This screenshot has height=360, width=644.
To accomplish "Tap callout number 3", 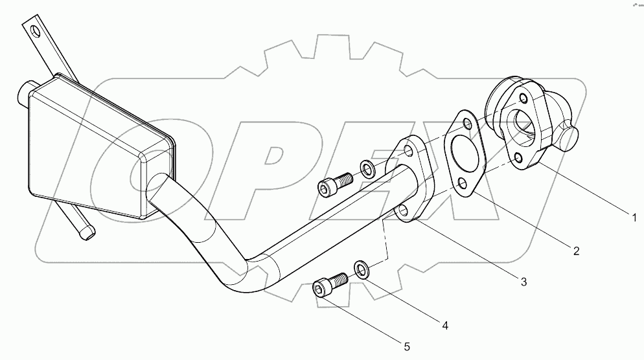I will coord(523,281).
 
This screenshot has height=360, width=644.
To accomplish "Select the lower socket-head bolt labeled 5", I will coord(328,285).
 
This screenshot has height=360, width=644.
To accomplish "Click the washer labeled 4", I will coord(362,269).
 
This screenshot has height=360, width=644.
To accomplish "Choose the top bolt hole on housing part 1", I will coord(518,99).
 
